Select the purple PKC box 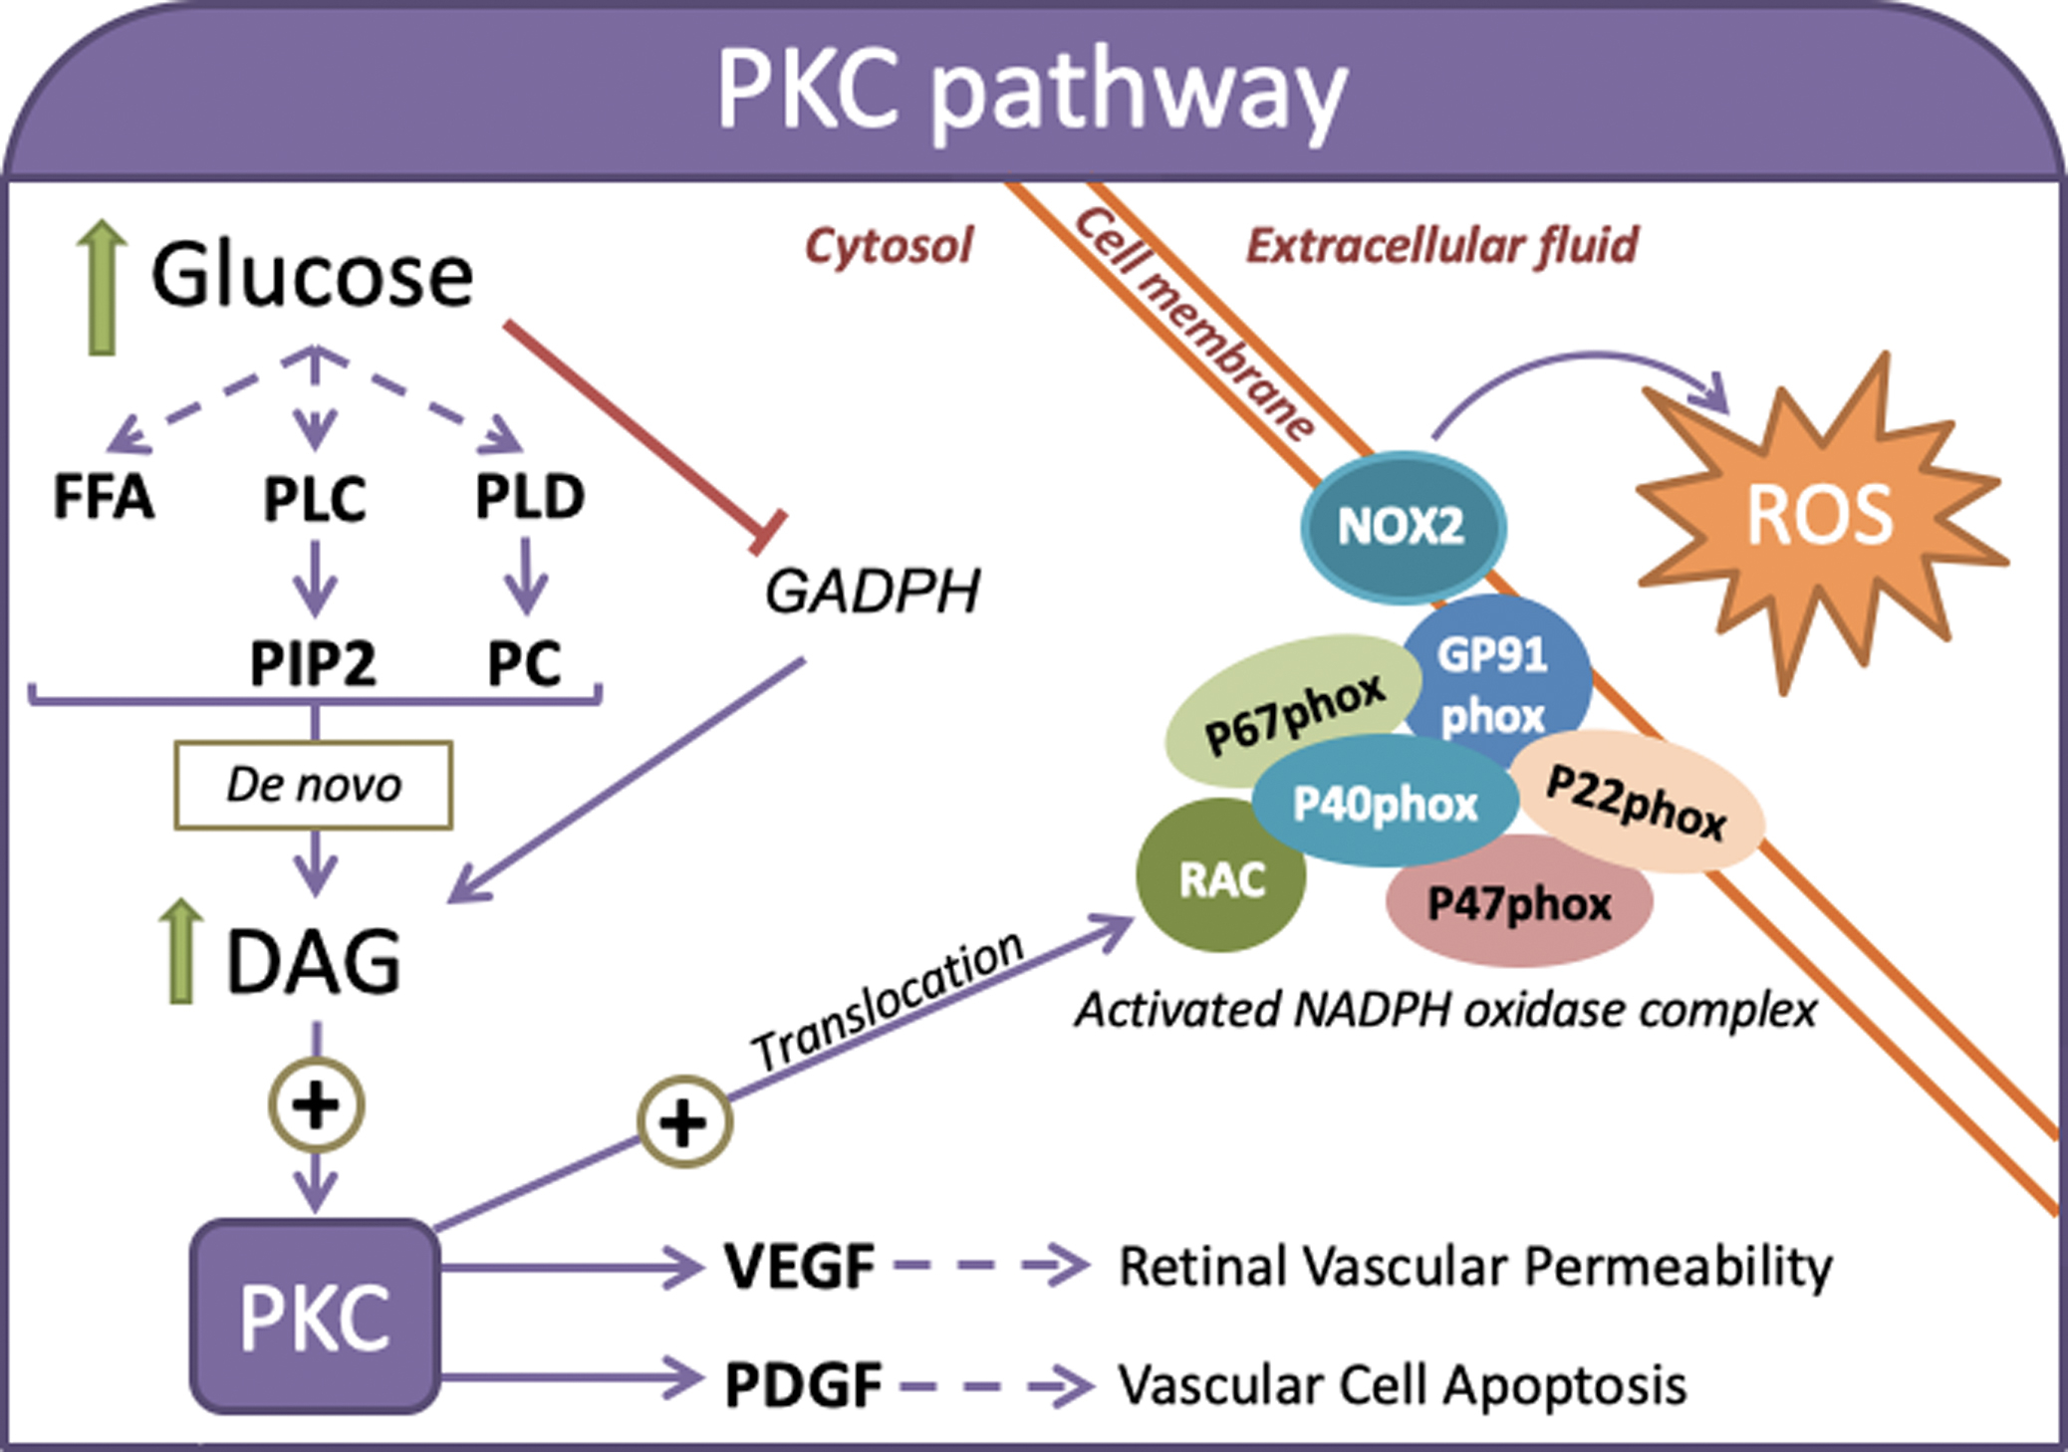click(x=315, y=1317)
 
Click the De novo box click(x=314, y=785)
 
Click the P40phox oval click(x=1385, y=803)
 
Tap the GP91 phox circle click(x=1494, y=677)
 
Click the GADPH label click(x=873, y=591)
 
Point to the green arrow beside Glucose click(x=102, y=288)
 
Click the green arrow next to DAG click(x=180, y=951)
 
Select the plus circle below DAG click(x=316, y=1105)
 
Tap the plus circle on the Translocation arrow click(x=684, y=1122)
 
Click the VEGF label click(x=800, y=1267)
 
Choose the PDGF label click(x=803, y=1385)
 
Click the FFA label click(x=104, y=497)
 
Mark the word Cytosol click(x=889, y=246)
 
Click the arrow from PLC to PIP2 click(x=315, y=579)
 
